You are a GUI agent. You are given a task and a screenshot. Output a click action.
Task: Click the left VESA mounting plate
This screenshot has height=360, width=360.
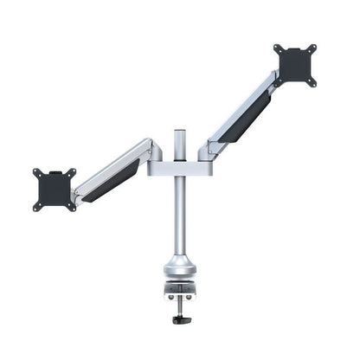point(55,188)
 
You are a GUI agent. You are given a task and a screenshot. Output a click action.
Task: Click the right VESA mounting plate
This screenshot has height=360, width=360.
point(296,64)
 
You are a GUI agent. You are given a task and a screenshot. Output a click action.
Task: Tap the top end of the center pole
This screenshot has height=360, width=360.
point(179,133)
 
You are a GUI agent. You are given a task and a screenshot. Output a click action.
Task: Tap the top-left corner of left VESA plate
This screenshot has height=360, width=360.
point(37,172)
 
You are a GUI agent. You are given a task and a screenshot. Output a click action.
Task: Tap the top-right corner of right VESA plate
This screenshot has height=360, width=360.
point(312,47)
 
